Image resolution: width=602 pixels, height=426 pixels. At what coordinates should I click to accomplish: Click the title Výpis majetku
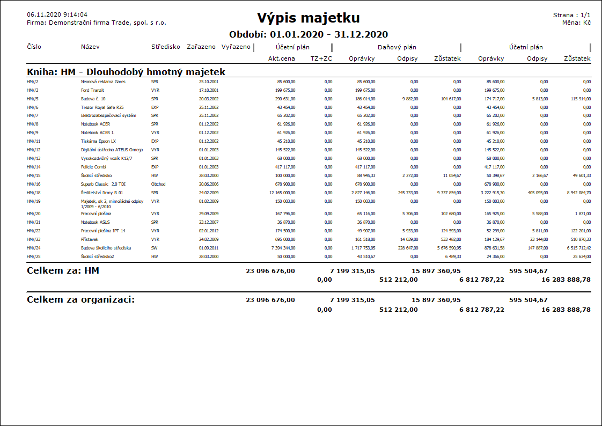(x=308, y=18)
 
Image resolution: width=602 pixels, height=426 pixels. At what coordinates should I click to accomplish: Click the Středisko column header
(x=165, y=47)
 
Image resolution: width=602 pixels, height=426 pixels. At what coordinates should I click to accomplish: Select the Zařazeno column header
(x=201, y=47)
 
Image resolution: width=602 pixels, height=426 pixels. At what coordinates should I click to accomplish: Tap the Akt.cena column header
(x=282, y=58)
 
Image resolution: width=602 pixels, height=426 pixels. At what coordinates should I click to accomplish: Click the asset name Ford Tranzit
(x=92, y=90)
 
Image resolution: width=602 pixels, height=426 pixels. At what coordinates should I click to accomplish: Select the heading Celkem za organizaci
(x=80, y=299)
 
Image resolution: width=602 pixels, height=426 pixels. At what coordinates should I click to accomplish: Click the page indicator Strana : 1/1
(x=572, y=15)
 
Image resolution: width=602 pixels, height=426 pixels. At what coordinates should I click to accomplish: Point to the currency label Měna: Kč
(x=577, y=23)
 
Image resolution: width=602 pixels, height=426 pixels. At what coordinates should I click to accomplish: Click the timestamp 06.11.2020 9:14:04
(x=57, y=14)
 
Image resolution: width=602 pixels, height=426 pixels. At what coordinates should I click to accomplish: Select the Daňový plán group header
(x=397, y=47)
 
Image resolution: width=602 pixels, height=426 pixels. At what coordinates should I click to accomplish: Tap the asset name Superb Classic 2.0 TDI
(x=103, y=184)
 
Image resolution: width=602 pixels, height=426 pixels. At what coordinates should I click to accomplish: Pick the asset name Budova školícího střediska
(x=106, y=248)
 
